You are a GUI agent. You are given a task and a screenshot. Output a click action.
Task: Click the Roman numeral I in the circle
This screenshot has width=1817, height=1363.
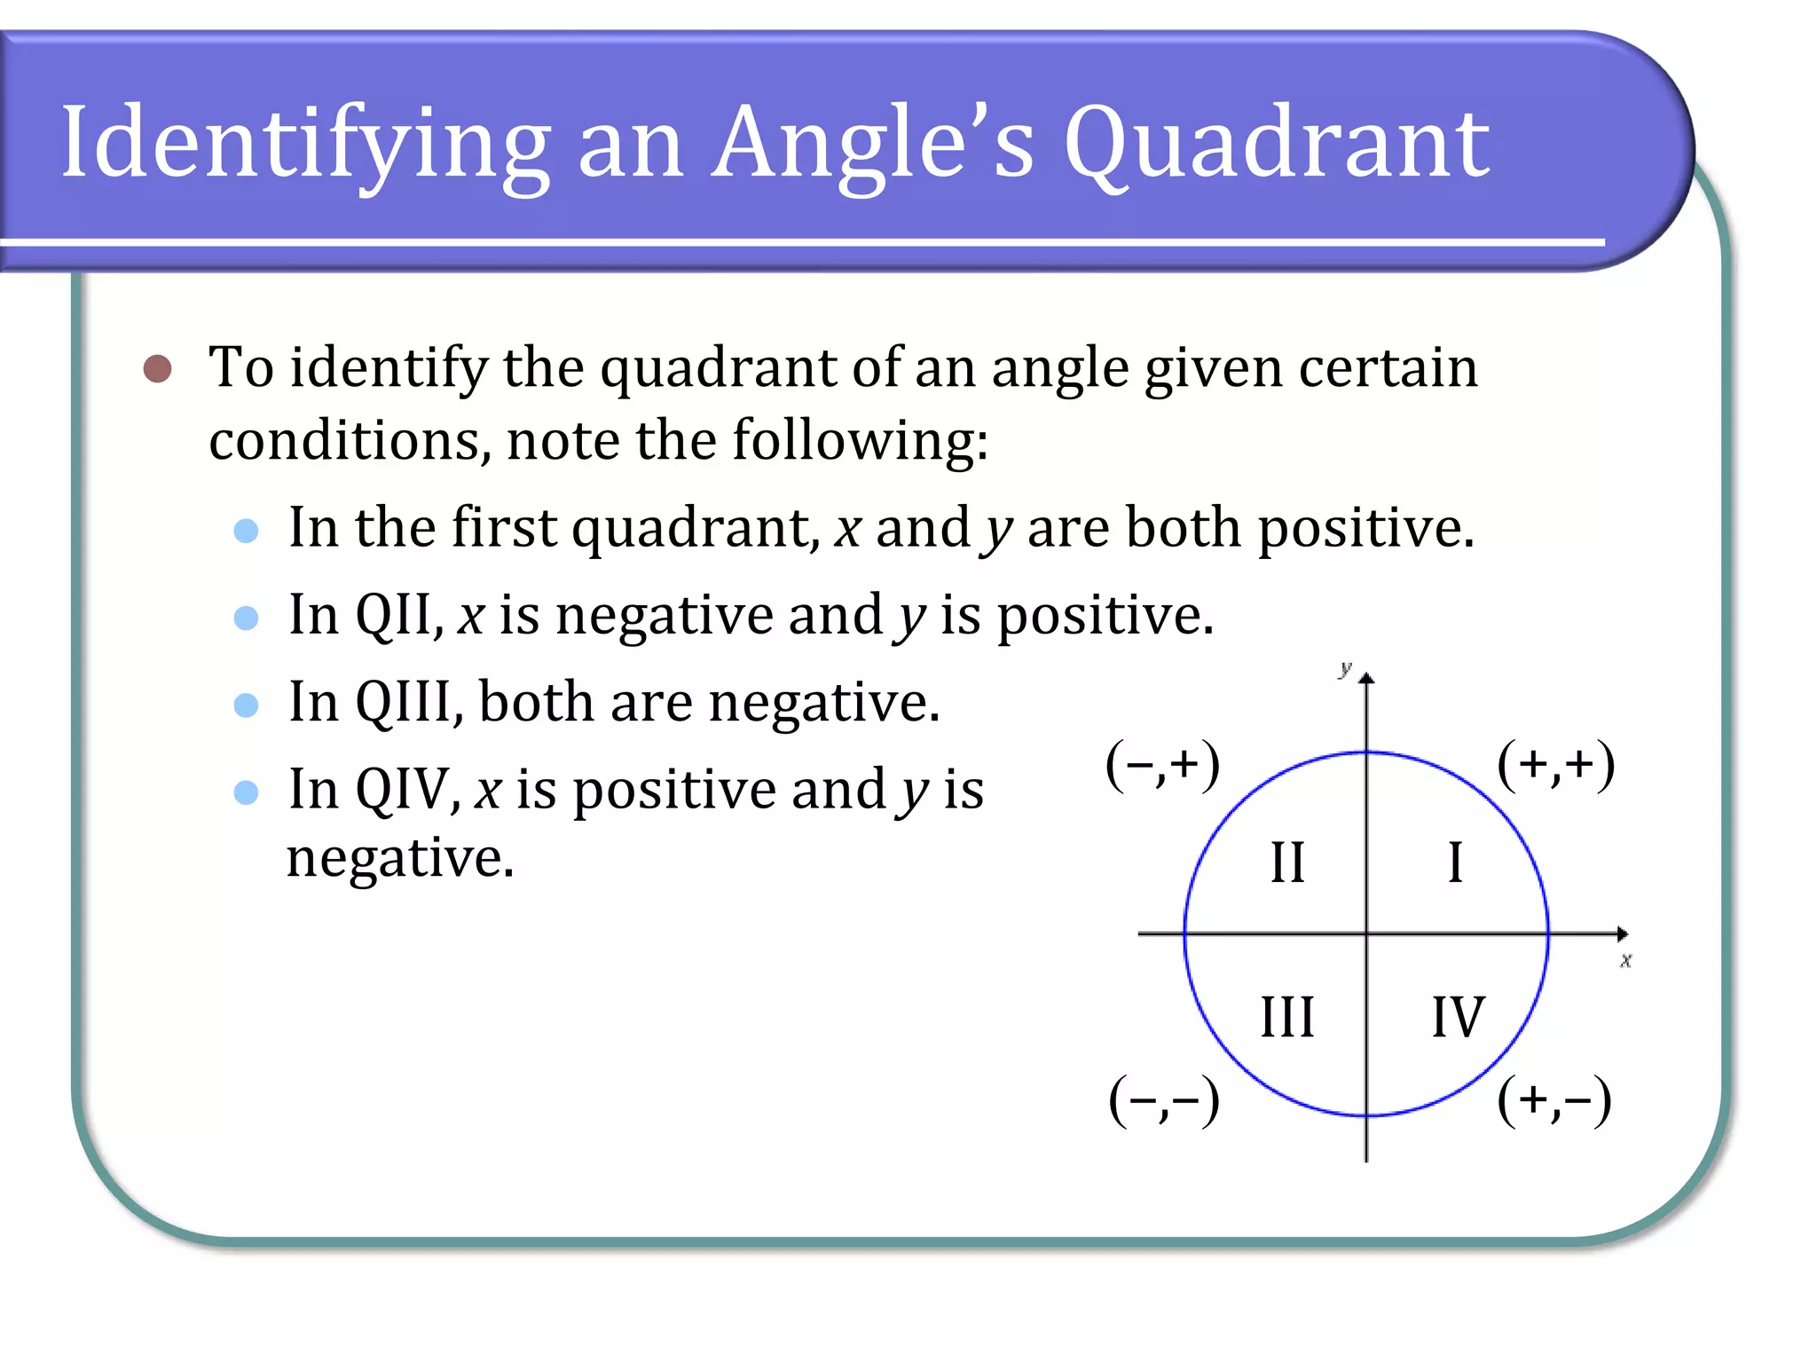click(x=1455, y=863)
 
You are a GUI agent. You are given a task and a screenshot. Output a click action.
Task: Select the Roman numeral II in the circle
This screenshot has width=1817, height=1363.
click(x=1287, y=863)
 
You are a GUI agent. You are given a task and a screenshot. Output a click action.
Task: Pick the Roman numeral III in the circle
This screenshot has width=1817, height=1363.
click(x=1287, y=1017)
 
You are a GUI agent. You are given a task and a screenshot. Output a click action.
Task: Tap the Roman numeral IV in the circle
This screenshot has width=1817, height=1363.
click(x=1458, y=1017)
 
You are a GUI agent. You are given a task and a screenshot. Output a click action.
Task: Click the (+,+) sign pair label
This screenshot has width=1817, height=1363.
click(x=1555, y=765)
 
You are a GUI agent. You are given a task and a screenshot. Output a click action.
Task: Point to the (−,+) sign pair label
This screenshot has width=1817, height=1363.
click(x=1162, y=765)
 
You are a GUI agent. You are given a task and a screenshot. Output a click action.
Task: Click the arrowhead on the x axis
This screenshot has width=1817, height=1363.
click(x=1622, y=934)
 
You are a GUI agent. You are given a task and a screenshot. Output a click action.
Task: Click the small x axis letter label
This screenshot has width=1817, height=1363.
click(x=1625, y=960)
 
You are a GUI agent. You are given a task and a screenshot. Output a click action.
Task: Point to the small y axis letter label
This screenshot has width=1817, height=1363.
click(x=1346, y=668)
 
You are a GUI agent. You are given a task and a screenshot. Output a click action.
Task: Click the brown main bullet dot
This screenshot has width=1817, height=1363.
click(x=157, y=368)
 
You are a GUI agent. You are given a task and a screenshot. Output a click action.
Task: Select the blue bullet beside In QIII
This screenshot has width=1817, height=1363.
click(x=246, y=705)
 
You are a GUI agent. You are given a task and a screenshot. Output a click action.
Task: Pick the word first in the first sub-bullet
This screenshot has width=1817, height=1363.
click(x=504, y=528)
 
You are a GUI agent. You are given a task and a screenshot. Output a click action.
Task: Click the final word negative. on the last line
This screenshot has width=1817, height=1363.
click(x=400, y=859)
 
